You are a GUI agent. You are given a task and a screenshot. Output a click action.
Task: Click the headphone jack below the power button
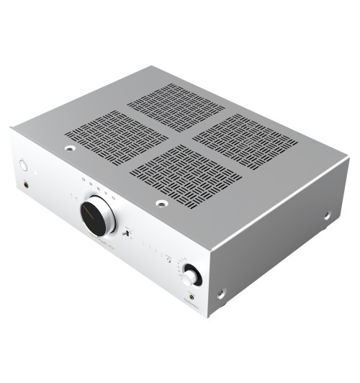[x=28, y=185]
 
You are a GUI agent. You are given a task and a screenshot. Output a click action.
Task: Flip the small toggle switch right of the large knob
[x=127, y=232]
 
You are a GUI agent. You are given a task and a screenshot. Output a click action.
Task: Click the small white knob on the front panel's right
[x=192, y=274]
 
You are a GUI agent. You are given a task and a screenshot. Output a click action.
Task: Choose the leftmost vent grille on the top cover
[x=116, y=135]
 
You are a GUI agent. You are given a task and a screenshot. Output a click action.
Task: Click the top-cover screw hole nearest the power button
[x=70, y=150]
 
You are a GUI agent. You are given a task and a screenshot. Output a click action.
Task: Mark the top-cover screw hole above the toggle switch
[x=162, y=203]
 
